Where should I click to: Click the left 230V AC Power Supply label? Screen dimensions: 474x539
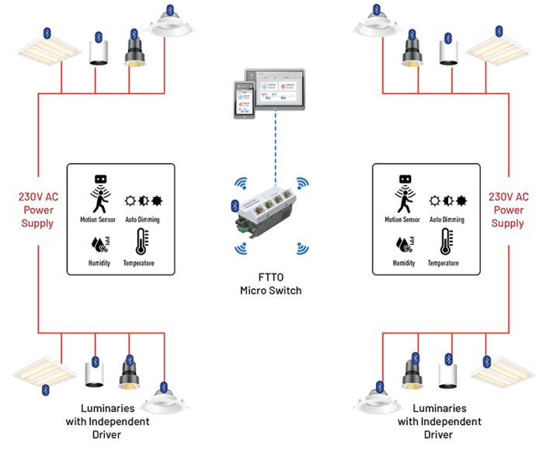(38, 211)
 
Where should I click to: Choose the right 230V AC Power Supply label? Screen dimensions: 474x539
(508, 211)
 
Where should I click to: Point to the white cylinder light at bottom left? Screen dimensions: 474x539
(96, 373)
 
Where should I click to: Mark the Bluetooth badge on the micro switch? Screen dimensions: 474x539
(235, 205)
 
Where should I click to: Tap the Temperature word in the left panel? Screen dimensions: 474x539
(138, 263)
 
